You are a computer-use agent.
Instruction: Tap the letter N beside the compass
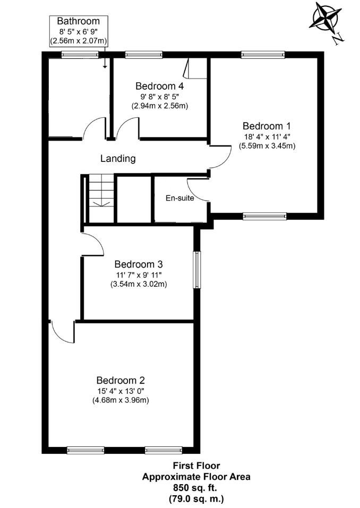[x=337, y=38]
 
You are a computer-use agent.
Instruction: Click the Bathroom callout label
[x=78, y=21]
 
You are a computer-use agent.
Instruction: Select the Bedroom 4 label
[x=159, y=86]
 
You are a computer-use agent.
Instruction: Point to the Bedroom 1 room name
[x=267, y=126]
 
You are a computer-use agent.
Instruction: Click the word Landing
[x=118, y=158]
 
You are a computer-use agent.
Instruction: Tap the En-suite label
[x=179, y=199]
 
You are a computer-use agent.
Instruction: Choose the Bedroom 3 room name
[x=139, y=264]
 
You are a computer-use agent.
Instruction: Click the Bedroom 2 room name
[x=121, y=380]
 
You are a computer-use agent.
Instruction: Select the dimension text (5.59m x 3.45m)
[x=267, y=145]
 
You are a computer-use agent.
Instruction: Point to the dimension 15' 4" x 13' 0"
[x=121, y=391]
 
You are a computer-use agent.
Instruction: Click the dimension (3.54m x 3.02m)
[x=139, y=284]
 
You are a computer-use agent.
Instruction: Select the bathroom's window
[x=79, y=54]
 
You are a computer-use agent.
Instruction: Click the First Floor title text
[x=195, y=467]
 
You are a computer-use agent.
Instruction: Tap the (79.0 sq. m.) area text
[x=195, y=498]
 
